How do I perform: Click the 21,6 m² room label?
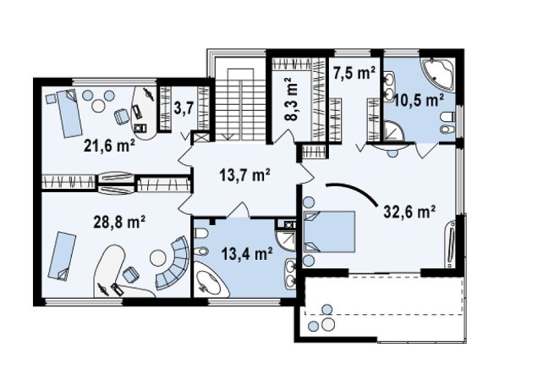tap(109, 145)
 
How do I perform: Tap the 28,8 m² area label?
tap(119, 222)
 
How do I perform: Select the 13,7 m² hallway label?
tap(244, 174)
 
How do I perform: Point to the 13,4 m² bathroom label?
tap(247, 253)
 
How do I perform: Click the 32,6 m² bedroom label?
tap(409, 212)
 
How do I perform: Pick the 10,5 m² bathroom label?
tap(419, 101)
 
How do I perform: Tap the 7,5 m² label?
tap(354, 74)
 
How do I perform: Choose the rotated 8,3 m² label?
tap(292, 99)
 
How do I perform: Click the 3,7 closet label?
tap(184, 108)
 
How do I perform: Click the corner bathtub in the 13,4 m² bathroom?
tap(210, 282)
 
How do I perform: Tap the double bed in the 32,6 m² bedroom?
tap(329, 232)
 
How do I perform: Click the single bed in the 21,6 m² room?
tap(69, 113)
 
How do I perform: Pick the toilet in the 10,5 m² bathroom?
tap(447, 123)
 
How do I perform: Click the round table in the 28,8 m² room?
tap(158, 258)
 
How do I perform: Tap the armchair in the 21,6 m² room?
tap(122, 116)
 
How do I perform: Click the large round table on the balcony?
tap(328, 324)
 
